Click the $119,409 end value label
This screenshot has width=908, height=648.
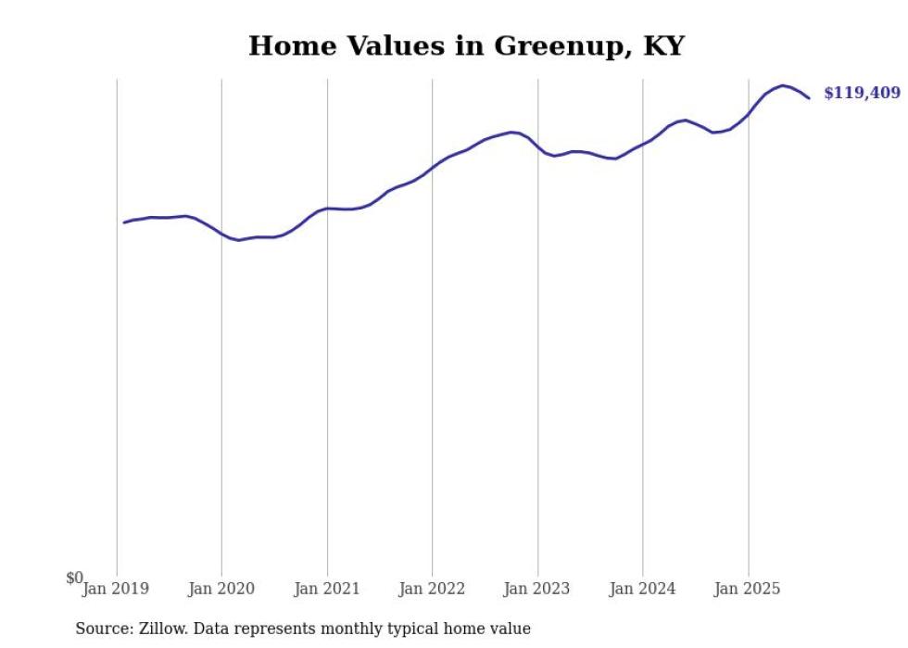coord(861,94)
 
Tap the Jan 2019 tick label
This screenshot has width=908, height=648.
coord(115,589)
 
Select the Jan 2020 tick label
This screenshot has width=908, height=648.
coord(221,589)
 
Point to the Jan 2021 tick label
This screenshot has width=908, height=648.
coord(326,589)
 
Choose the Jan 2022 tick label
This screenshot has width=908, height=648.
coord(432,589)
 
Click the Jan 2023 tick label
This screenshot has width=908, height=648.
coord(536,589)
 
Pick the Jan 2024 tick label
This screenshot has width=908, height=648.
coord(642,589)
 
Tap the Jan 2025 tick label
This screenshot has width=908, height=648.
coord(747,589)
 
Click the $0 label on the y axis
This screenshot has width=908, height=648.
coord(74,578)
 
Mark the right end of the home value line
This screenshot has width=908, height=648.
coord(809,98)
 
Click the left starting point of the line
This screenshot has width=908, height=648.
coord(124,222)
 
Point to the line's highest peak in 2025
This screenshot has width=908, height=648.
coord(783,85)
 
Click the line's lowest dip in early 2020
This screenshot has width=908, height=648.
coord(239,240)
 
